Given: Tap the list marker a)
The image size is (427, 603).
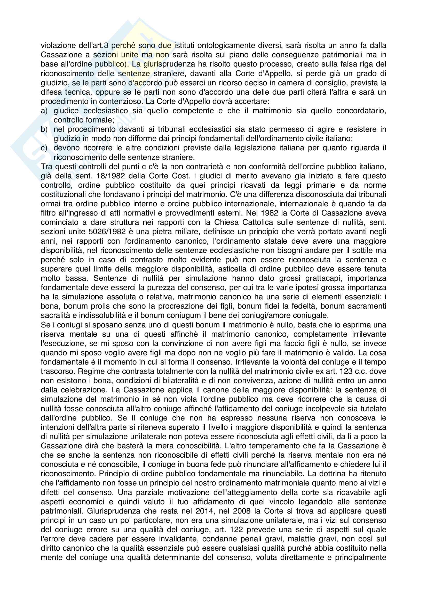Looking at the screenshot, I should coord(44,111).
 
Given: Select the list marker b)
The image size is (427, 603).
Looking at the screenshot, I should coord(44,129).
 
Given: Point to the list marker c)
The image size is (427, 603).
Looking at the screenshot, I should coord(44,148).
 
